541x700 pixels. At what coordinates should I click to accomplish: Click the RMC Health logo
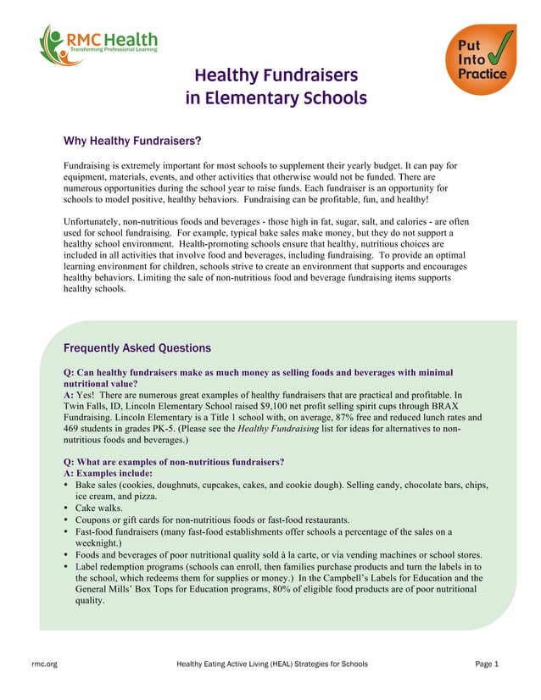tap(98, 45)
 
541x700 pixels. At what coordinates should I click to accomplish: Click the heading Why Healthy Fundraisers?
tap(131, 141)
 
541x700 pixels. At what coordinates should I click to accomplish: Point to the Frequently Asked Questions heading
tap(137, 347)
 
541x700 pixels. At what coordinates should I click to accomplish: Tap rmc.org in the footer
tap(45, 664)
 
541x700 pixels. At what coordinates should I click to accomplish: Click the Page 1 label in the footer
tap(487, 664)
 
